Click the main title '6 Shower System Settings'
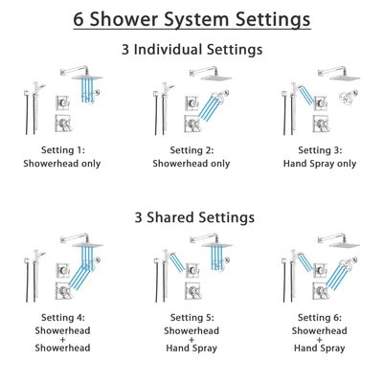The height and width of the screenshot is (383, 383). pyautogui.click(x=191, y=19)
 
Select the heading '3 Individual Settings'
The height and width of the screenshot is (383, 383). pyautogui.click(x=191, y=49)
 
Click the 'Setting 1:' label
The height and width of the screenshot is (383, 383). pyautogui.click(x=63, y=150)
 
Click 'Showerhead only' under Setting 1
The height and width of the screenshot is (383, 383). pyautogui.click(x=63, y=164)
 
